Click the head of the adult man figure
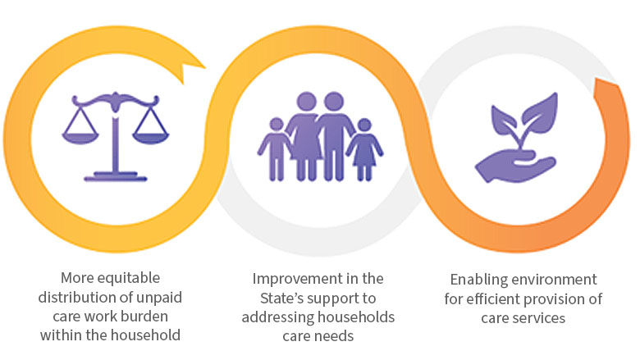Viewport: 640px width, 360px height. click(x=333, y=103)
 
